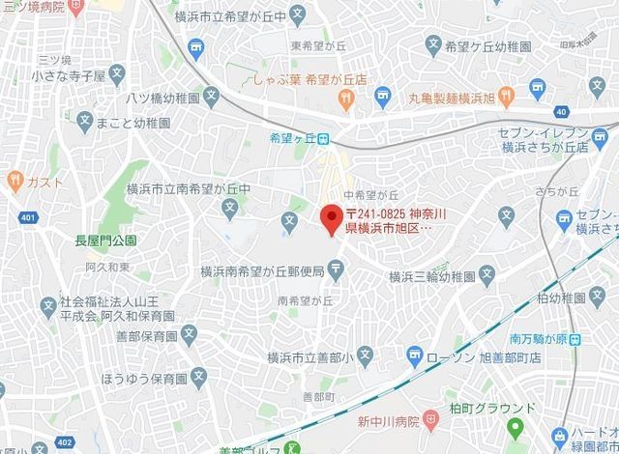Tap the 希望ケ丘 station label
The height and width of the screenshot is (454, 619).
tap(294, 137)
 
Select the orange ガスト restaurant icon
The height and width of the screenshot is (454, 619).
tap(15, 181)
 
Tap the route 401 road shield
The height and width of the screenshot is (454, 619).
tap(26, 217)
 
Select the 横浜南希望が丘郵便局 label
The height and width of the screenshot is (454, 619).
tap(261, 273)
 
